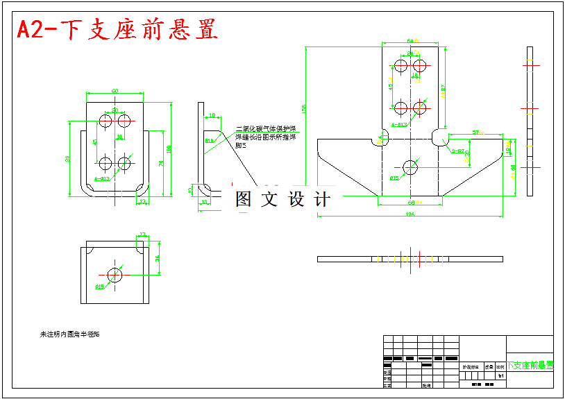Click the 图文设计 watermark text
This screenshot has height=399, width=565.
(x=282, y=200)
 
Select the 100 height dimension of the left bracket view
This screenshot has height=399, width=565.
(x=170, y=148)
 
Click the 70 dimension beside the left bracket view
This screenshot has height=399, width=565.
(x=162, y=163)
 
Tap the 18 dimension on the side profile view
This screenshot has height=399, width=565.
(x=212, y=115)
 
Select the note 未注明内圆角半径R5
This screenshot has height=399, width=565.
(x=69, y=334)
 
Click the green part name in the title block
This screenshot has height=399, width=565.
(x=530, y=365)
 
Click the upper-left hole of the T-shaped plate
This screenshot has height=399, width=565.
(x=400, y=66)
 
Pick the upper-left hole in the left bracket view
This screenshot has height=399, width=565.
(x=106, y=121)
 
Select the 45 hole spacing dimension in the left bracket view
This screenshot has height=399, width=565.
(x=95, y=142)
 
